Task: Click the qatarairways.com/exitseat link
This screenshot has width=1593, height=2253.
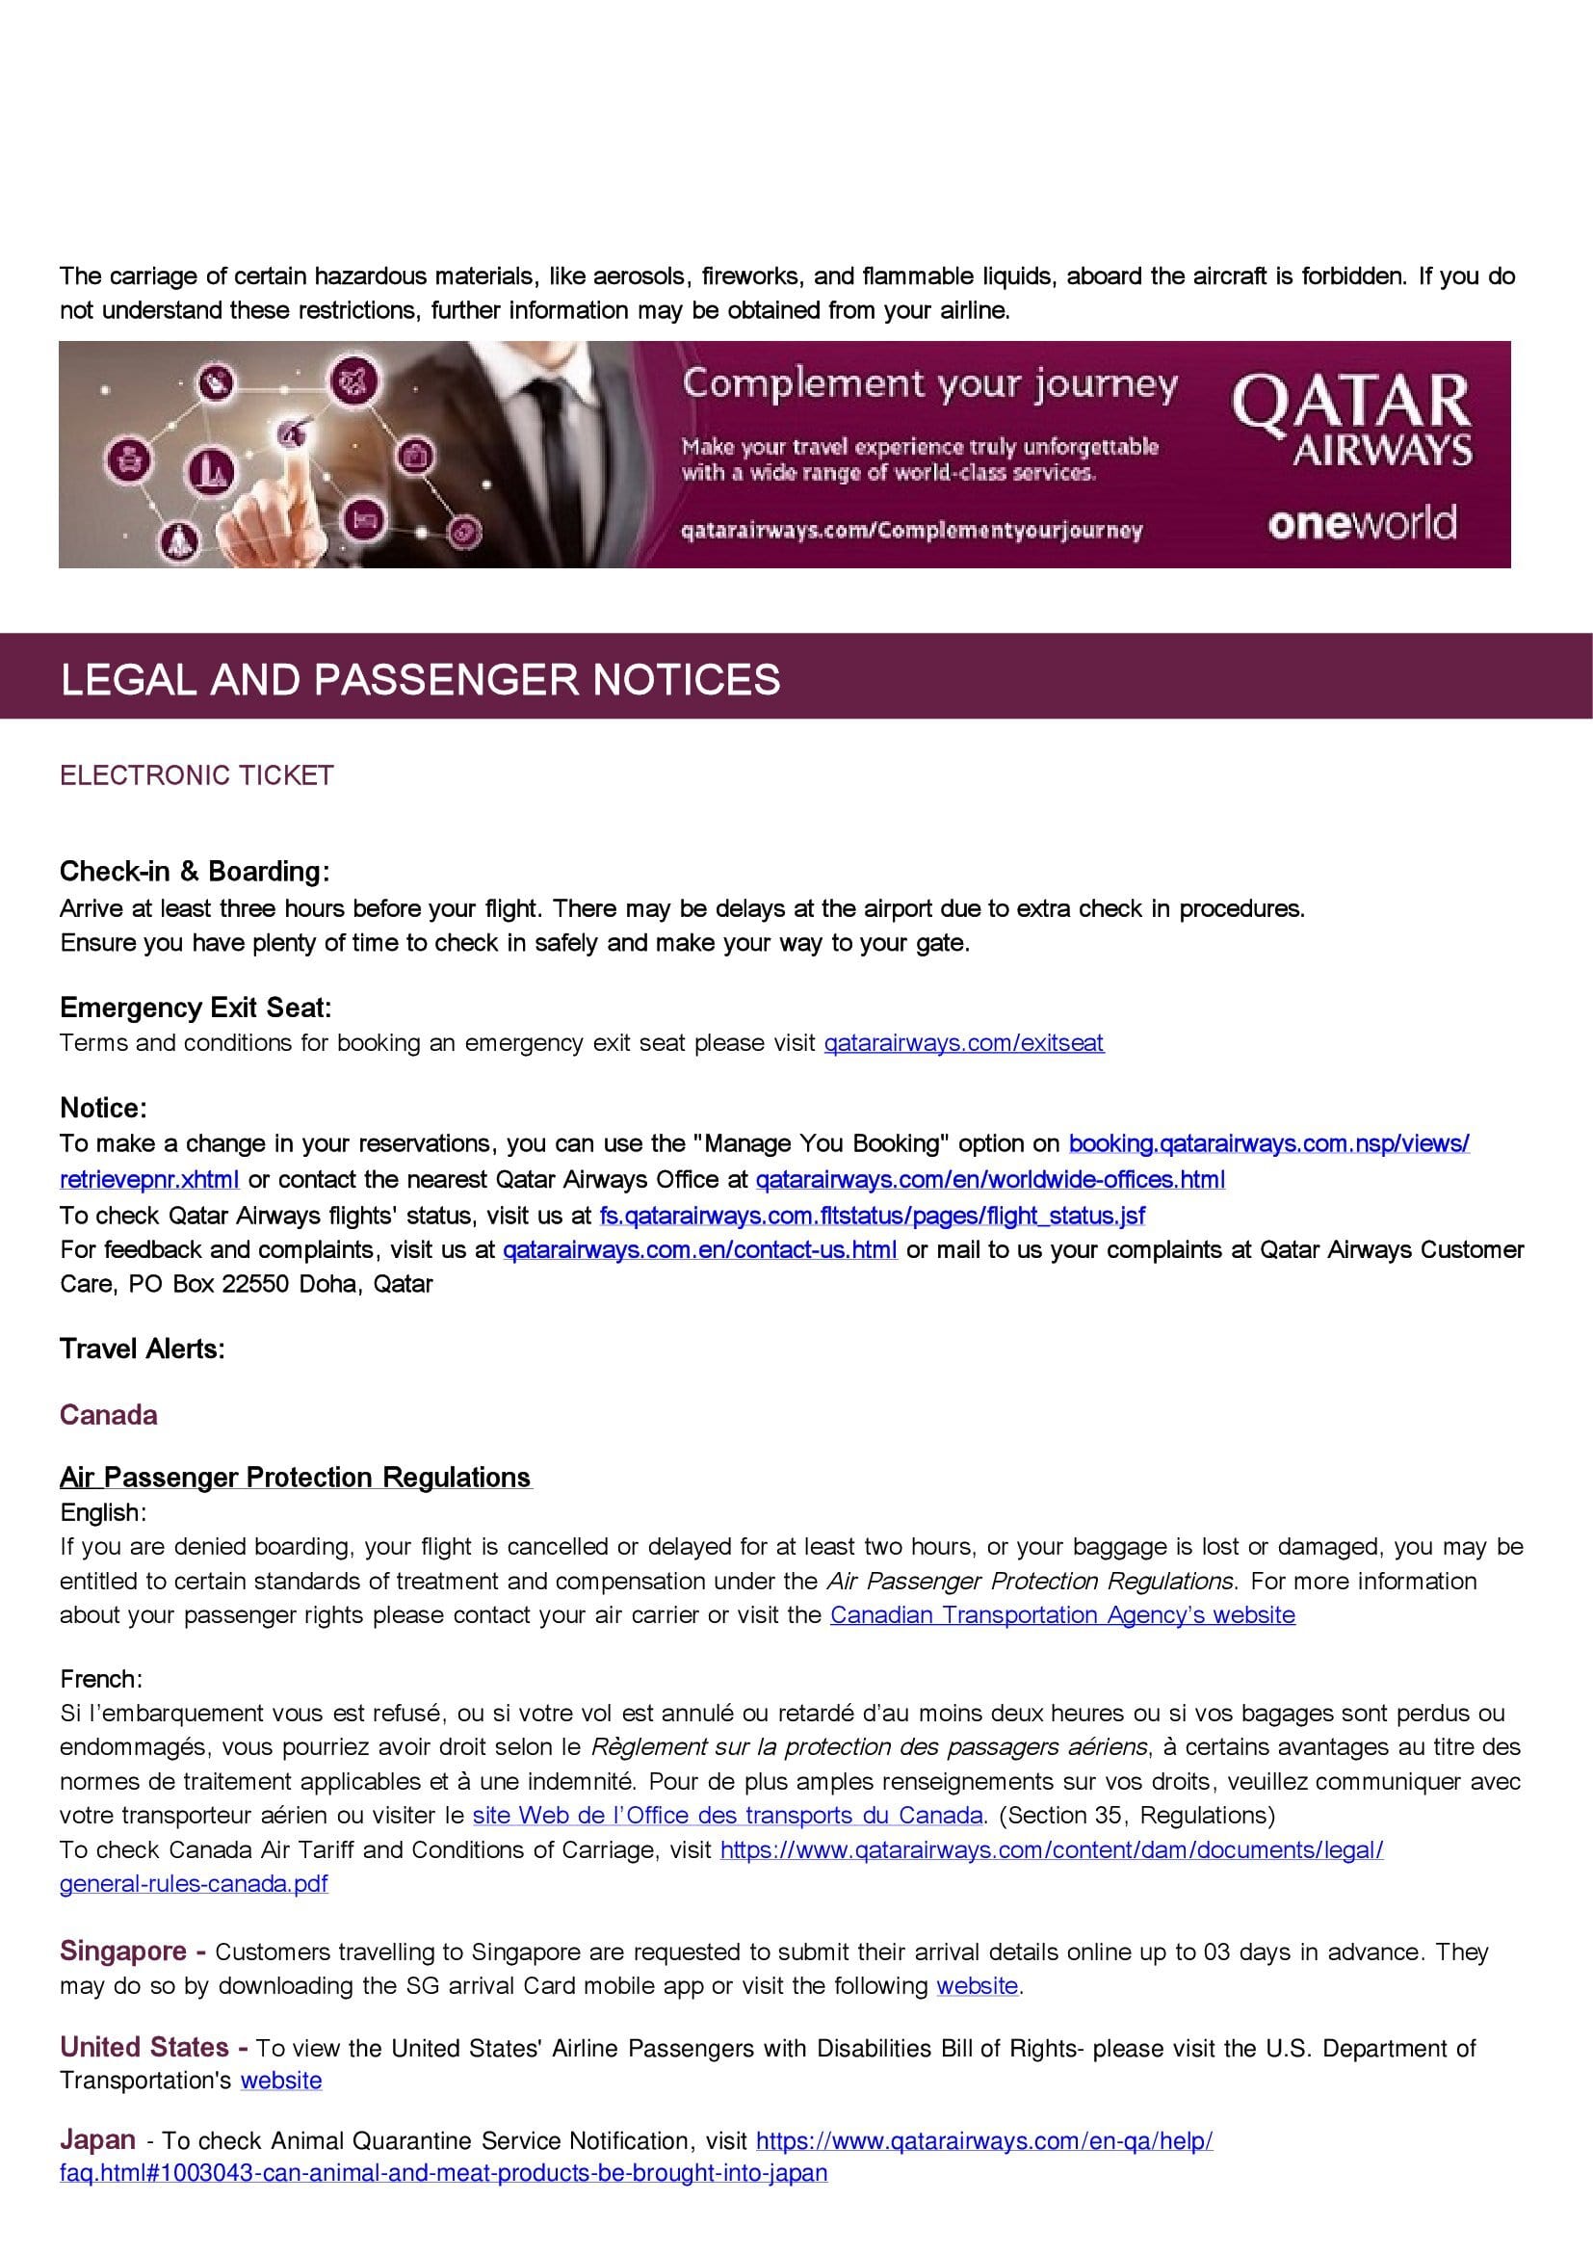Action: pos(963,1042)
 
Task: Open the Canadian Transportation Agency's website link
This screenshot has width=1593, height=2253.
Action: pos(1062,1614)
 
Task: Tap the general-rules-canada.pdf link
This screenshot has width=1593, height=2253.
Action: pos(194,1883)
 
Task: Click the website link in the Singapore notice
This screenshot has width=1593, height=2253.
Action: pos(977,1985)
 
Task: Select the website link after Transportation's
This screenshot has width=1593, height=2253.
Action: pos(280,2081)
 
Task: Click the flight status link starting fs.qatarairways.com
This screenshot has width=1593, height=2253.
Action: pos(872,1216)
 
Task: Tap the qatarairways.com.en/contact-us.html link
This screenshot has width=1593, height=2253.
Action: pos(699,1249)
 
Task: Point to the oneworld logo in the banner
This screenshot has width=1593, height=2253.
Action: pos(1362,523)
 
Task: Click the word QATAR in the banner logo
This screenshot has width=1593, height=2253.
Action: pos(1350,403)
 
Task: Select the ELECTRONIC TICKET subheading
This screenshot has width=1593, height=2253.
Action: pos(196,775)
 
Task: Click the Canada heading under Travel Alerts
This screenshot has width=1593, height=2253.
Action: pos(109,1414)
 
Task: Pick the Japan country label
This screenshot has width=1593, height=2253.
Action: pos(97,2139)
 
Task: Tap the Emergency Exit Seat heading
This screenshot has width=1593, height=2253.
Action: pos(196,1007)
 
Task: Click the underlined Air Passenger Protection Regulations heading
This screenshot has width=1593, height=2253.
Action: pos(296,1477)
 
